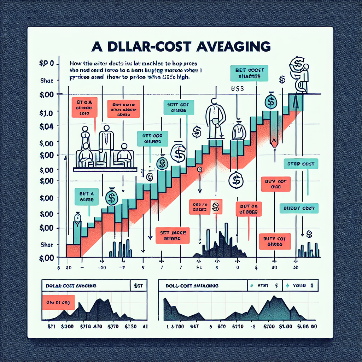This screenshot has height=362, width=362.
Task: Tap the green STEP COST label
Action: click(301, 164)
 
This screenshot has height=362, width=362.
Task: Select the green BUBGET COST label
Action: click(299, 208)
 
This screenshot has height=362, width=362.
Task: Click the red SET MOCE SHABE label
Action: click(173, 235)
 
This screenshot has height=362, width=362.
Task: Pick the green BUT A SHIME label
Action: click(87, 197)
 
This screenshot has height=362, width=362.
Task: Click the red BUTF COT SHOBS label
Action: click(274, 241)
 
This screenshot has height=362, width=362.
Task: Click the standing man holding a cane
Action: click(215, 117)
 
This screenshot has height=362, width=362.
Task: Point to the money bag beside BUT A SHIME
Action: click(111, 197)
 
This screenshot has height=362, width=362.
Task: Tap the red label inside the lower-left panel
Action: click(59, 302)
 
